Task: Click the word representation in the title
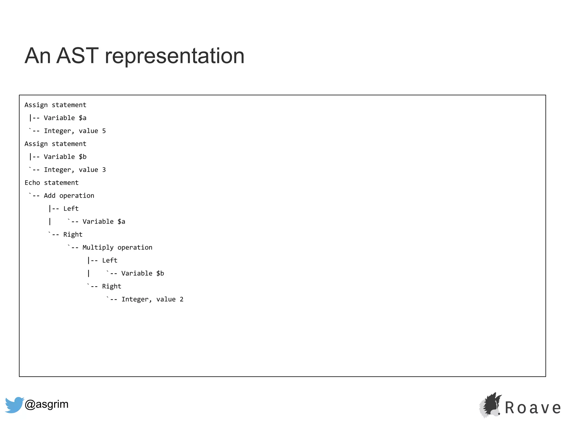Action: click(x=175, y=56)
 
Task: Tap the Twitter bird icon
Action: click(x=14, y=405)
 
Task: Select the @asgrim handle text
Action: click(x=46, y=404)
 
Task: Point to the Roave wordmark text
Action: click(x=533, y=408)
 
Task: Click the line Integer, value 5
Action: click(x=75, y=131)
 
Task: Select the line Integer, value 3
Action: click(x=75, y=170)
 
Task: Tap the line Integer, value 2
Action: click(x=152, y=299)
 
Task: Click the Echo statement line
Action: click(x=52, y=183)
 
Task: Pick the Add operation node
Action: click(x=69, y=196)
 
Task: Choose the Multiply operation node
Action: click(x=117, y=248)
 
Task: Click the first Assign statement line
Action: click(x=55, y=105)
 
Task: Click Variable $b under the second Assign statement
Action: click(x=65, y=157)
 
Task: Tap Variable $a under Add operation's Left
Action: click(x=104, y=222)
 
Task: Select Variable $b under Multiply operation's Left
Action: click(x=143, y=274)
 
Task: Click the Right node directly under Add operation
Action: click(x=73, y=235)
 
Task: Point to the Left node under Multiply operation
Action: click(x=110, y=261)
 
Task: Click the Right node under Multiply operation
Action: click(x=111, y=287)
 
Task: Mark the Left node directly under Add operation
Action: click(x=71, y=209)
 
